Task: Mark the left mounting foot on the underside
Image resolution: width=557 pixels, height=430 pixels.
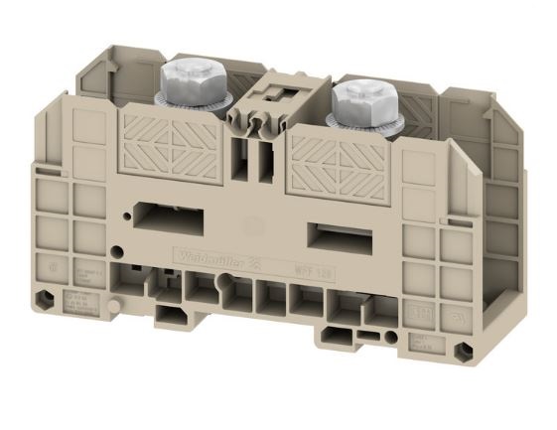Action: (x=171, y=312)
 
